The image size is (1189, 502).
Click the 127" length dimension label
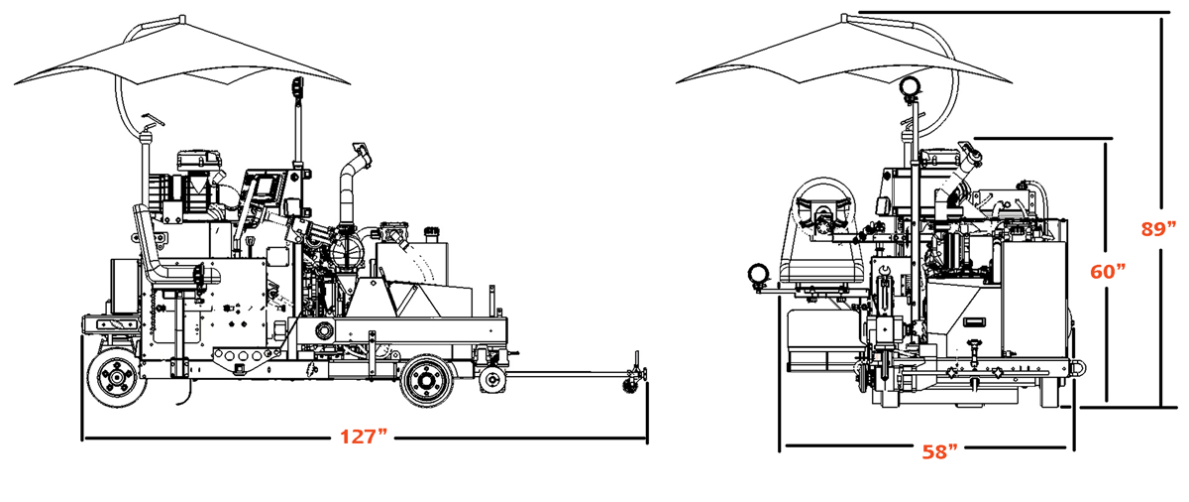pos(364,437)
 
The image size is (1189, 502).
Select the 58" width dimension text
pos(939,451)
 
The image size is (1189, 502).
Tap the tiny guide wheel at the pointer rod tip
pos(627,386)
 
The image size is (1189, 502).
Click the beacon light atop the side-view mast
pos(296,91)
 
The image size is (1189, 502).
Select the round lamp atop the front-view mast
pos(908,87)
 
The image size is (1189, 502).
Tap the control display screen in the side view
pos(267,188)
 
